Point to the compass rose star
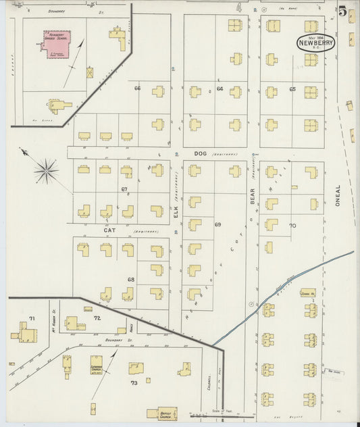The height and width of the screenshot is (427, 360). click(45, 171)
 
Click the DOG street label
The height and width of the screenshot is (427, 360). click(199, 154)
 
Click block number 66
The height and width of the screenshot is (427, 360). click(137, 89)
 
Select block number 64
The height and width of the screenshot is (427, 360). click(220, 89)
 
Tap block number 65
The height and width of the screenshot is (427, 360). click(292, 89)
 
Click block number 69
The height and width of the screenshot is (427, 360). click(217, 224)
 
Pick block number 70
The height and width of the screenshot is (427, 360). click(292, 225)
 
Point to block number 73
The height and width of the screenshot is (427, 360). click(134, 383)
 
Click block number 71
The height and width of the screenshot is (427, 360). click(31, 318)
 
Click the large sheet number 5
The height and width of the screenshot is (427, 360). click(343, 11)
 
